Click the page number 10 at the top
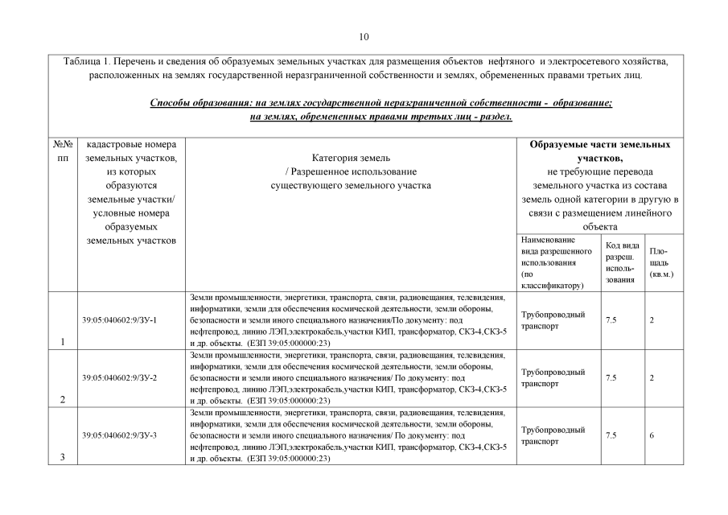[x=364, y=36]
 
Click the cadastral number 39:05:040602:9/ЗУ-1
[x=119, y=319]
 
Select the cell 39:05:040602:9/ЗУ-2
[x=119, y=377]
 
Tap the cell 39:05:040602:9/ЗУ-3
[x=119, y=435]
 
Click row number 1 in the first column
[x=62, y=341]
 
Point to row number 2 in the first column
[x=62, y=399]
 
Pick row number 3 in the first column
[x=62, y=457]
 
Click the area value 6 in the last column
[x=652, y=435]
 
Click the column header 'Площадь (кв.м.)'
[x=660, y=262]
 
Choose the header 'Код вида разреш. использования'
[x=621, y=262]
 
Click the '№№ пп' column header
[x=62, y=151]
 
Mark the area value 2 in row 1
[x=652, y=319]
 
